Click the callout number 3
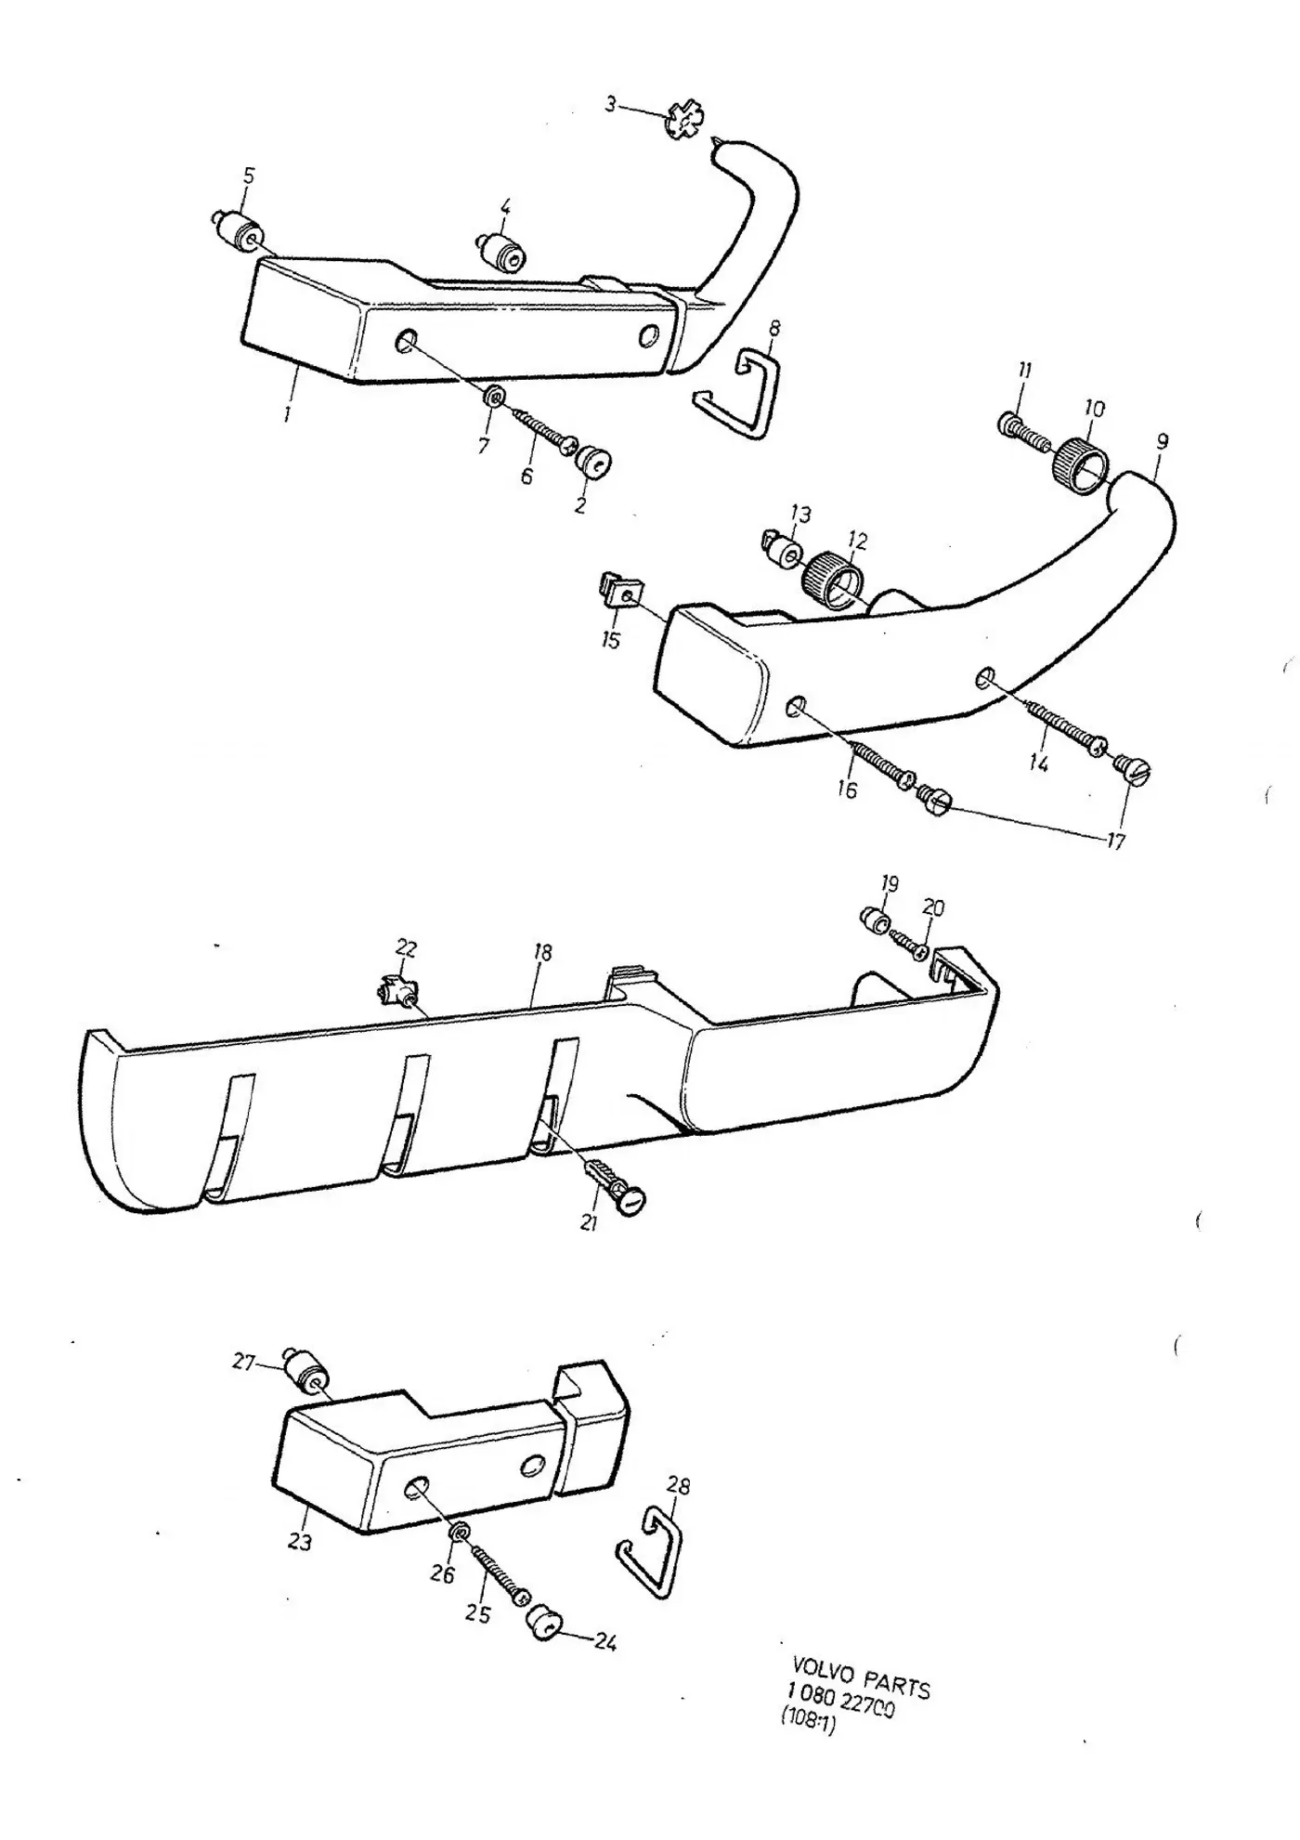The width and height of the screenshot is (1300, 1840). (x=610, y=104)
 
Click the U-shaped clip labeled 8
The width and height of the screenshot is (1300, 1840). (x=739, y=390)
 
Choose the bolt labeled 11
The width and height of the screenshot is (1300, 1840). (x=1023, y=428)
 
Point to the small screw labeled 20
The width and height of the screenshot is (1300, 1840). (x=910, y=945)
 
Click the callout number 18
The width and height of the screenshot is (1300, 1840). (x=542, y=952)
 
